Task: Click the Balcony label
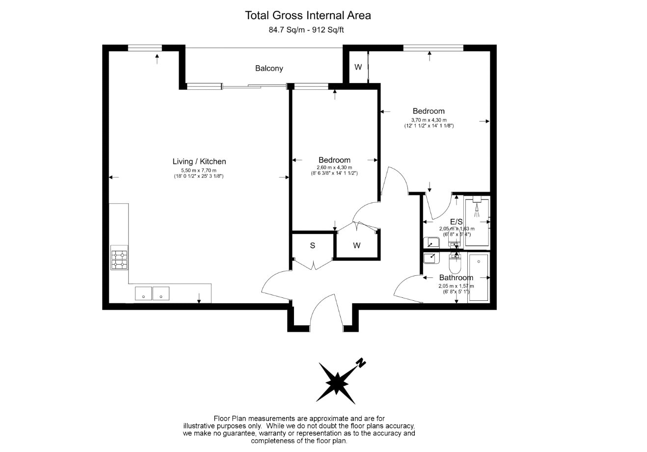tap(269, 68)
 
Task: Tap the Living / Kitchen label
tap(199, 161)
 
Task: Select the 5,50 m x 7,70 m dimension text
tap(199, 170)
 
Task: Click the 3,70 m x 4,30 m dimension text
tap(429, 120)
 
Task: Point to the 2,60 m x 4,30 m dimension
tap(334, 167)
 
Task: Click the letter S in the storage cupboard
tap(313, 245)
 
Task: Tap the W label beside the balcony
tap(358, 67)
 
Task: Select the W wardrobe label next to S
tap(357, 245)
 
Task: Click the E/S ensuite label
tap(457, 222)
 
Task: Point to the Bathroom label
tap(456, 278)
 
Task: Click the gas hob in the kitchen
tap(119, 258)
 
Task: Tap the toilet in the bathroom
tap(456, 263)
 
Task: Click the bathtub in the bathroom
tap(479, 277)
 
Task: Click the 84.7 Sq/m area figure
tap(287, 30)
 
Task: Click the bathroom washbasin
tap(431, 258)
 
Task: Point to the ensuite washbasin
tap(431, 242)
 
